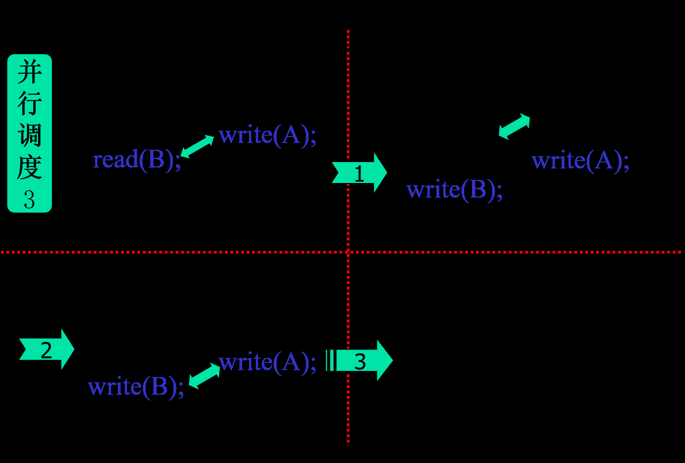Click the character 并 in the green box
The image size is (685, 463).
(30, 73)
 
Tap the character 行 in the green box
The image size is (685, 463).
(30, 104)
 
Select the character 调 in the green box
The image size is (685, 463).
(30, 136)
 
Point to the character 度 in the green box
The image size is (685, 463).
(30, 167)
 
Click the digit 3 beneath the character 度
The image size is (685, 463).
(30, 199)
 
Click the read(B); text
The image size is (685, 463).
(137, 160)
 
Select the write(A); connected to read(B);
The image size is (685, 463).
(267, 135)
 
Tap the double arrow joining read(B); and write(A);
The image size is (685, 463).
(197, 146)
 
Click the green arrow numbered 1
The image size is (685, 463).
(360, 173)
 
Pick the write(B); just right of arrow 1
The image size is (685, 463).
(454, 189)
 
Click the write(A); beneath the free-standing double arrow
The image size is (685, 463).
(580, 161)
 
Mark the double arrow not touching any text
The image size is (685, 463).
(514, 126)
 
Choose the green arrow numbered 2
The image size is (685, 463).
(46, 350)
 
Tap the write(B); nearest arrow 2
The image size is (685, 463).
(136, 387)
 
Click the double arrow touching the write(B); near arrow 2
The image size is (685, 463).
(204, 376)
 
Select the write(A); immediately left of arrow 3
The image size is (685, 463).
(267, 362)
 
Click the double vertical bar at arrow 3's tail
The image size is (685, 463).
(330, 360)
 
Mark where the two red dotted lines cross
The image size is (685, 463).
(348, 252)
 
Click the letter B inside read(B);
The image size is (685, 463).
(156, 160)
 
